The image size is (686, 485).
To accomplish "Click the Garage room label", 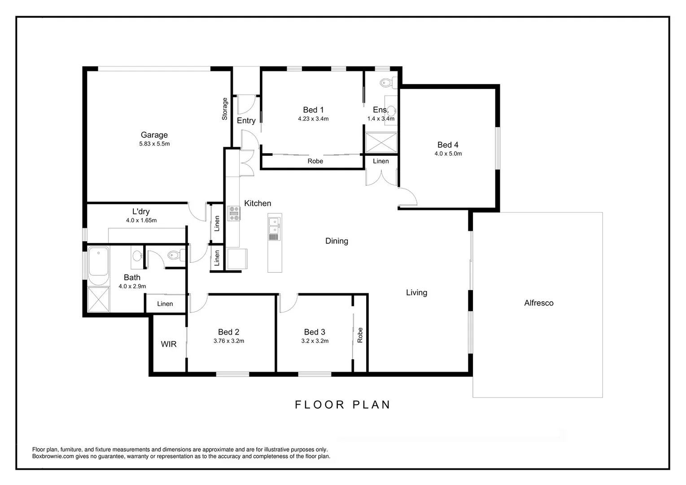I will click(154, 135).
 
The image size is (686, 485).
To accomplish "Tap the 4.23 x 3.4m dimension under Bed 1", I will click(313, 119).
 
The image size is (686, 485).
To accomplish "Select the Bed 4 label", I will click(448, 145).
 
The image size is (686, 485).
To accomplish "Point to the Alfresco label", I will click(538, 303).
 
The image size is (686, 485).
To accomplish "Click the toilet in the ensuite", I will click(386, 83).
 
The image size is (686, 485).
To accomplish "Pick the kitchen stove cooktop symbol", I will click(234, 213).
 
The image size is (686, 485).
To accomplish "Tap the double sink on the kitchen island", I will click(274, 228).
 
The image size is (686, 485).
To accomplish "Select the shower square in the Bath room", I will click(98, 300).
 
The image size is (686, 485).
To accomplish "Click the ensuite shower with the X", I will click(381, 143).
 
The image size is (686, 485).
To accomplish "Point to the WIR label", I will click(169, 344).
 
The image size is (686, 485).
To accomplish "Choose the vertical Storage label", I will click(225, 109).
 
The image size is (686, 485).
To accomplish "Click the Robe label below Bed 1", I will click(315, 161).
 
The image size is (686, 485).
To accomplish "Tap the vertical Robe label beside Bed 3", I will click(360, 335).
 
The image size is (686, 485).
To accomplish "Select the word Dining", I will click(336, 241).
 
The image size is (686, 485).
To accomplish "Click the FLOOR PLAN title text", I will click(343, 405).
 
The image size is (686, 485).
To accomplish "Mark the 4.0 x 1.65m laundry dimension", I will click(141, 220).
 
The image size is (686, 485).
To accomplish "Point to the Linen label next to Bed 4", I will click(380, 161).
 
